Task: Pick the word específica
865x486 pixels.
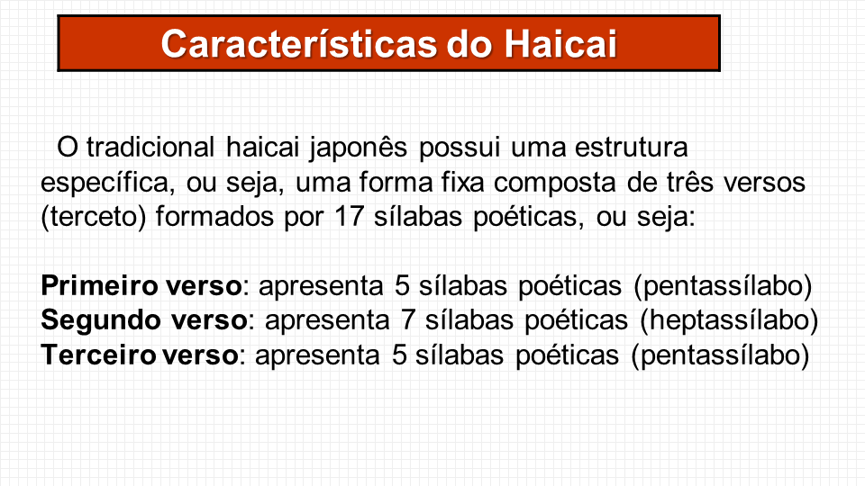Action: click(x=108, y=183)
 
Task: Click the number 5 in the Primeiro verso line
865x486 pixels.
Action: click(x=402, y=286)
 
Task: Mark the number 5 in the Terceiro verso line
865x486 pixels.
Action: click(x=399, y=355)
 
